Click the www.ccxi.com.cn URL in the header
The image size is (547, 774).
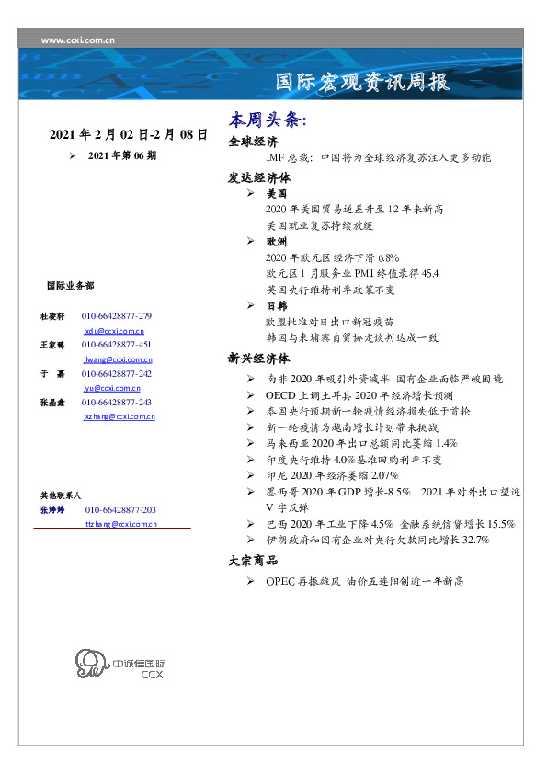tap(78, 40)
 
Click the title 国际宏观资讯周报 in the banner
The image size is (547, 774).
tap(363, 83)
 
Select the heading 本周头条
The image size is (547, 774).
tap(268, 120)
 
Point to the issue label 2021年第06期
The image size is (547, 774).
tap(121, 155)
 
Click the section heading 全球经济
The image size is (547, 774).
tap(253, 142)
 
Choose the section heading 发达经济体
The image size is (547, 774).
tap(258, 177)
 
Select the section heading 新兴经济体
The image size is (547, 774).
tap(258, 359)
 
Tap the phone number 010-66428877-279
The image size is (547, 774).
tap(117, 315)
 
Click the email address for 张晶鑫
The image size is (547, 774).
tap(119, 416)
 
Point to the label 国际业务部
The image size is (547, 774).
tap(69, 286)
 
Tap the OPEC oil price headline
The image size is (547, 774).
tap(364, 581)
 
